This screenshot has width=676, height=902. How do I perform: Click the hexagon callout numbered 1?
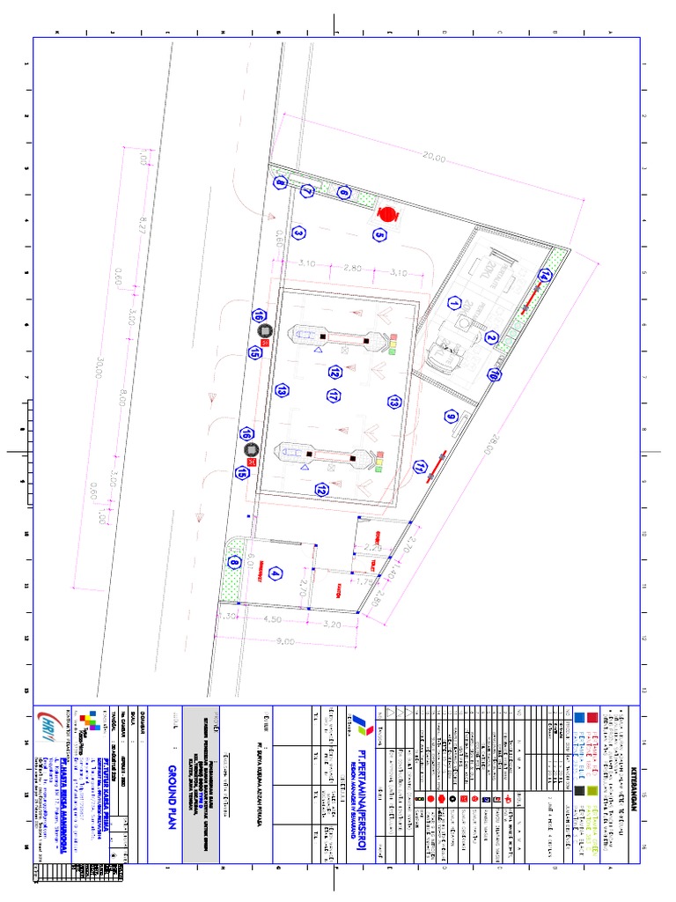[454, 303]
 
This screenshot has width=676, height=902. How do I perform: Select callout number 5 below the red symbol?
[379, 234]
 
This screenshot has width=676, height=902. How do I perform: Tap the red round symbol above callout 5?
[388, 214]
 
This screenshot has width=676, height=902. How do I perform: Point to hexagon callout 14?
[545, 276]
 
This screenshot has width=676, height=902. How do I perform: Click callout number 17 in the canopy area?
[334, 397]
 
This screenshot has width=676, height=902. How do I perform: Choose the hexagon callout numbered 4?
[276, 574]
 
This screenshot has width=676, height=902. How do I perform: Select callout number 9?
[452, 418]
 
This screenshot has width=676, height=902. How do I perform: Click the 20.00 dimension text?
[434, 159]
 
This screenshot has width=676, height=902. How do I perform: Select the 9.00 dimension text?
[286, 641]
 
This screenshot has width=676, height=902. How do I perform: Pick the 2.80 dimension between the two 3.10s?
[353, 268]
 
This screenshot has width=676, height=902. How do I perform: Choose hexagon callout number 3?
[299, 233]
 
